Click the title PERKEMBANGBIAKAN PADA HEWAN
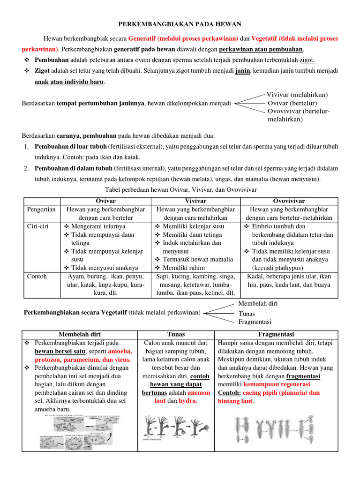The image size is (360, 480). coord(180,23)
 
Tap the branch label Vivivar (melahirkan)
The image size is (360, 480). coord(297,94)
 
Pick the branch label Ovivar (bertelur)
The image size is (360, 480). coord(292,103)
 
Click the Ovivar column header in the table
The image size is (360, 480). coord(105,201)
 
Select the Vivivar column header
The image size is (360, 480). coord(196,201)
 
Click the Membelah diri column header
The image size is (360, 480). coord(79,334)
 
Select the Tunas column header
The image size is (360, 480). coord(176,334)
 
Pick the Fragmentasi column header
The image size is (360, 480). coord(276,334)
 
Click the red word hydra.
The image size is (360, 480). coord(187,402)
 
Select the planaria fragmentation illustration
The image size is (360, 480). coord(276,429)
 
